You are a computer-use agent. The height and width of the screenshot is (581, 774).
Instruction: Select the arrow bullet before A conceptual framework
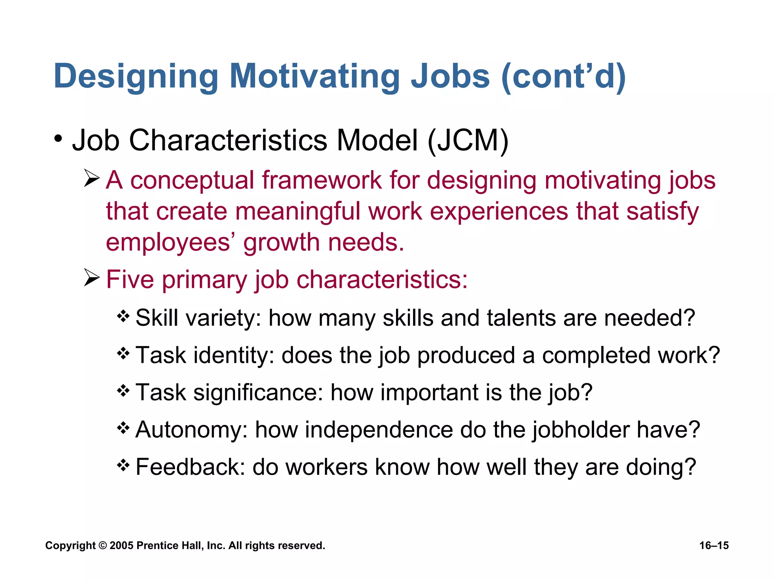pos(92,178)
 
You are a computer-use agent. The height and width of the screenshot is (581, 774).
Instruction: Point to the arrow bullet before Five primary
pos(92,278)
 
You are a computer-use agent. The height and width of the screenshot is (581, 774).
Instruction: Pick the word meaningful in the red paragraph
pos(297,211)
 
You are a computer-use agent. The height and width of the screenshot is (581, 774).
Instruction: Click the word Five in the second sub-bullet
pos(130,280)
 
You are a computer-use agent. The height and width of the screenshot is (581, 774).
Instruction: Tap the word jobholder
pos(580,430)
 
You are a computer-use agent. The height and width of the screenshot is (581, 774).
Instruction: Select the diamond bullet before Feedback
pos(123,465)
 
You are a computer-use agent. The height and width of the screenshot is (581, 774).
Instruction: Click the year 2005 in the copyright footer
pos(121,545)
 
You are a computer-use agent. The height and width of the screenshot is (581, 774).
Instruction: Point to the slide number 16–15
pos(714,545)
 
